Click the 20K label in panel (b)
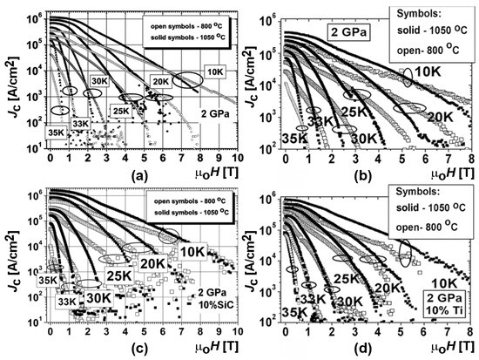(x=438, y=116)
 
